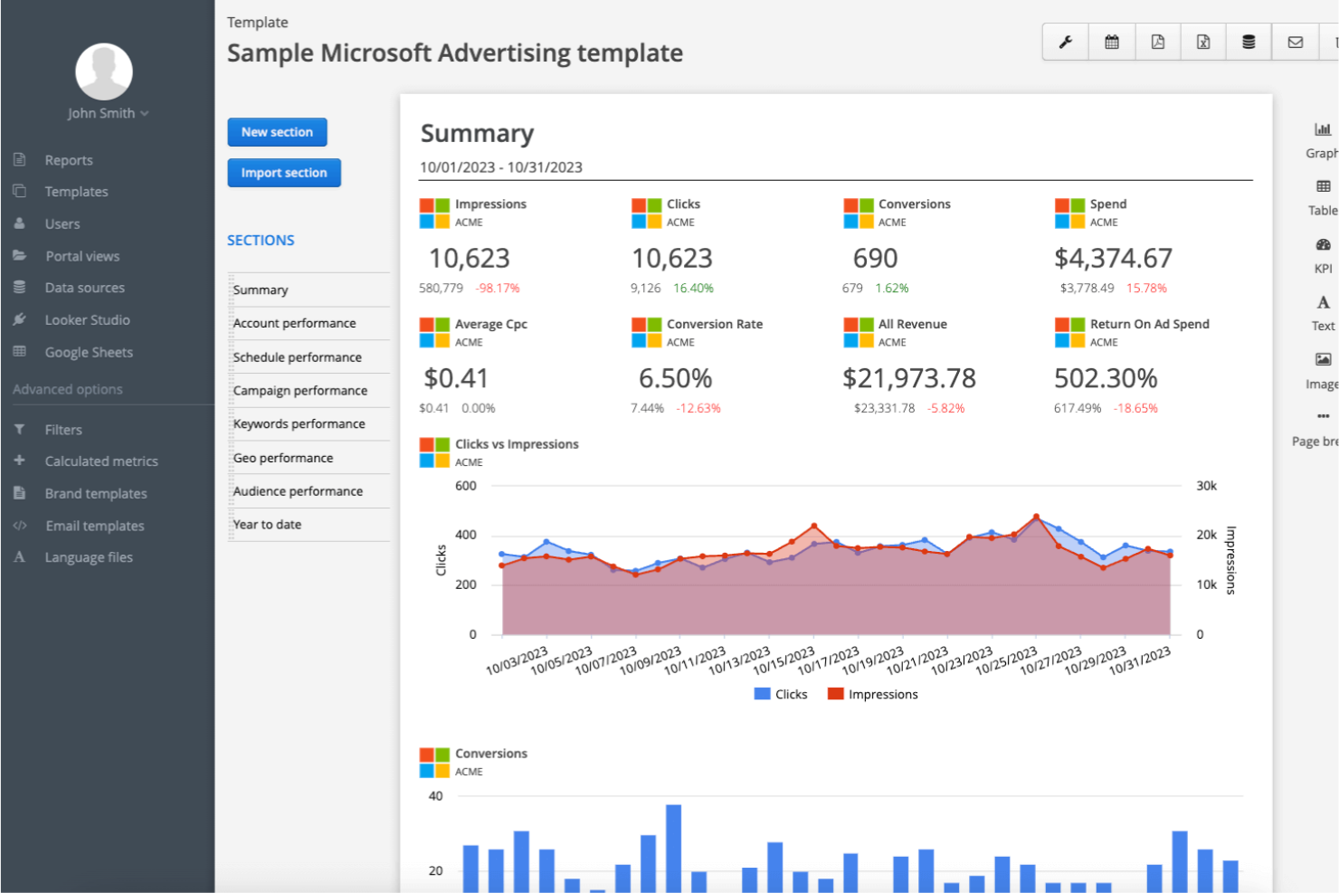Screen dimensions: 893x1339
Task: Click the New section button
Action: coord(277,132)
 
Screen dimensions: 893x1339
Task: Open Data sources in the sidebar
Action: coord(84,288)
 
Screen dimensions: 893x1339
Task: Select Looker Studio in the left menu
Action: coord(87,320)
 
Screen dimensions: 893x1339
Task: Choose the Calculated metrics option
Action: coord(101,461)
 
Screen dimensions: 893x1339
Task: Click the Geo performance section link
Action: coord(283,458)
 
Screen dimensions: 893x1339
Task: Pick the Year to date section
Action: coord(267,525)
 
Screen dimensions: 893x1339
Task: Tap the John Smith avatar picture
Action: coord(104,71)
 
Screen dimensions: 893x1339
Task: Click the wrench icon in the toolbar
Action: coord(1066,43)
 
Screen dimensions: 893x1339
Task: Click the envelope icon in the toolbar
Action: coord(1295,43)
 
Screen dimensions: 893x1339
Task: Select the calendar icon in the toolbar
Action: coord(1112,43)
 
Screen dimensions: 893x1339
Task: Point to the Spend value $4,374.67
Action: coord(1113,259)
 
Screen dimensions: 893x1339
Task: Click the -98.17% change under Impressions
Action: coord(498,289)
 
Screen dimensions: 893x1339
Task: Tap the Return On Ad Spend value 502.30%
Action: coord(1106,378)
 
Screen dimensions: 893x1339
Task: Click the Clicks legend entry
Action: coord(781,694)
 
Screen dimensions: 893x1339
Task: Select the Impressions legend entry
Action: coord(873,694)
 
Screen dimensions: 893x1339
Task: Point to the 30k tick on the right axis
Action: coord(1206,486)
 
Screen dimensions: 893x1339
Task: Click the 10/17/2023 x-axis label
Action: coord(829,661)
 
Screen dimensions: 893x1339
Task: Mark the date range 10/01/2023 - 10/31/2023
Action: coord(500,167)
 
